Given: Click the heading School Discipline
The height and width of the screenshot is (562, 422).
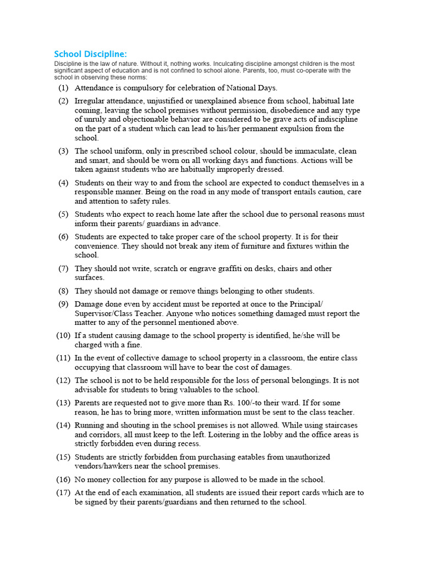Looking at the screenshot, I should (x=90, y=54).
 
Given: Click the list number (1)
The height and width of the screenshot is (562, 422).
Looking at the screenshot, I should (x=64, y=88).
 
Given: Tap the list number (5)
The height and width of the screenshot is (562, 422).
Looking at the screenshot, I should (x=64, y=214).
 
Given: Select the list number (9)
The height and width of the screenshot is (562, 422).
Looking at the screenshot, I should (x=64, y=304).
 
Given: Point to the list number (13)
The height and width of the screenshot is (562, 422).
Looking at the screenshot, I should (x=63, y=403).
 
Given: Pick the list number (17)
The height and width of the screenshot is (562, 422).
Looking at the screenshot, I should (x=63, y=492).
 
